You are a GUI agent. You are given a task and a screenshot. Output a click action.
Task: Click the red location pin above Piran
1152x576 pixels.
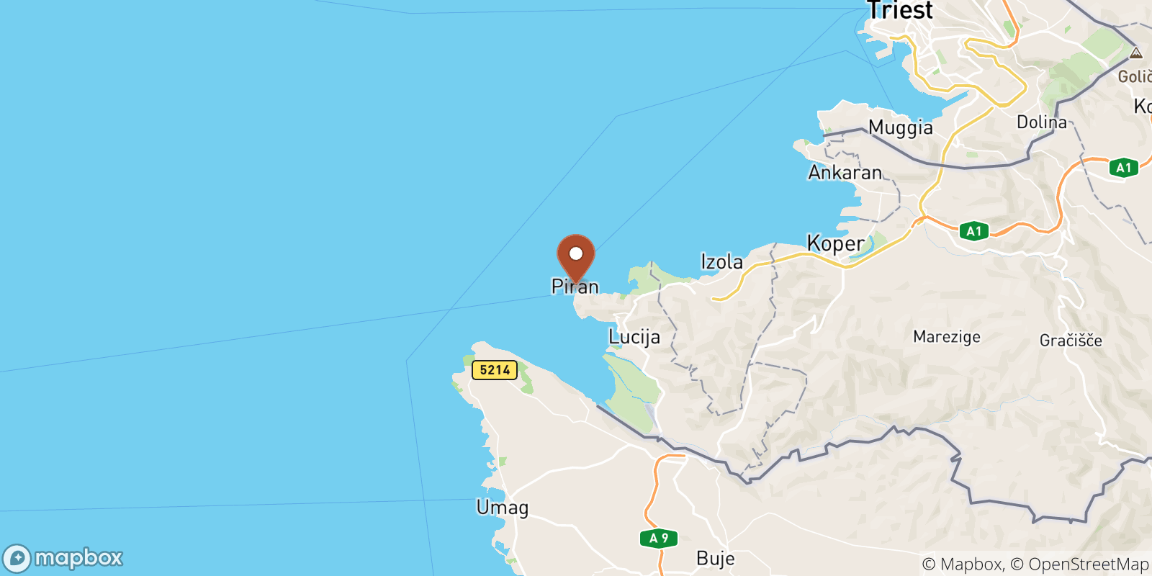click(576, 256)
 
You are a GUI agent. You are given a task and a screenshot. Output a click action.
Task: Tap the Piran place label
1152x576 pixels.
click(575, 287)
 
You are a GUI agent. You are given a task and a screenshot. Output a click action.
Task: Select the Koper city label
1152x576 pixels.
click(835, 243)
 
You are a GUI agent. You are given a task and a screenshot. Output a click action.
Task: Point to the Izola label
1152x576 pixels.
click(721, 262)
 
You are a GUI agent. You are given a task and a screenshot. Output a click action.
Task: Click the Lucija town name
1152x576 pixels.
click(634, 337)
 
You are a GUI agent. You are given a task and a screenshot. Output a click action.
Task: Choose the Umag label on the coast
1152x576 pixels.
click(503, 508)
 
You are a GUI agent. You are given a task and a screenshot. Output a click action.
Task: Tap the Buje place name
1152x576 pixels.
click(716, 559)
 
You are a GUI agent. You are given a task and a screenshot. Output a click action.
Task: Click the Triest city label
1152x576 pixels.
click(900, 11)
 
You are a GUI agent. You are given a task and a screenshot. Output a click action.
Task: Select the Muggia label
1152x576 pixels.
click(900, 127)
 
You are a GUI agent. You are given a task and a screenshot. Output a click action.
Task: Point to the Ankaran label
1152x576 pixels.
click(845, 173)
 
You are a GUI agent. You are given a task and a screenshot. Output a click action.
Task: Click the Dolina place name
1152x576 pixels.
click(1041, 122)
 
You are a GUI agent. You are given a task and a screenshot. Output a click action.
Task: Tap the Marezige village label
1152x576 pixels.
click(946, 337)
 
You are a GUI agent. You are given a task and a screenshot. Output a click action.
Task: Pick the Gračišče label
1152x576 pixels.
click(1071, 341)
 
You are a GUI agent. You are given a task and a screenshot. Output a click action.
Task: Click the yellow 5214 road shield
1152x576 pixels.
click(495, 370)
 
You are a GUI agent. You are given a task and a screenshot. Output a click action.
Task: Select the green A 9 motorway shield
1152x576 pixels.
click(659, 538)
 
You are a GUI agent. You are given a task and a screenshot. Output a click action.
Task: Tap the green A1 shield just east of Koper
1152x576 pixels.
click(973, 231)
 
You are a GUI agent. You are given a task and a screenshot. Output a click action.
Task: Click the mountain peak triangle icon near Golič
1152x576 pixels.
click(1135, 53)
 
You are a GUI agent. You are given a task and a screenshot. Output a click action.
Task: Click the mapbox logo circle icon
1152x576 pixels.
click(17, 559)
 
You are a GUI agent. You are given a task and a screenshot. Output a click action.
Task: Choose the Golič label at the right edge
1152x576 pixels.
click(1135, 76)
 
